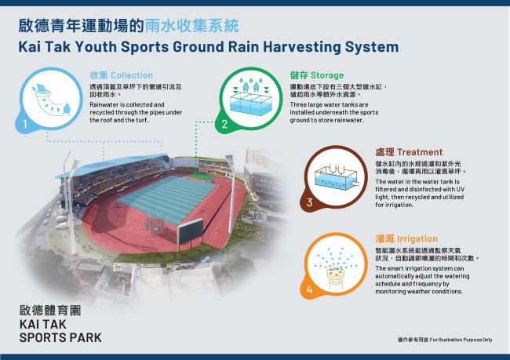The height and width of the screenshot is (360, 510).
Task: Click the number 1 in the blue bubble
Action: (25, 124)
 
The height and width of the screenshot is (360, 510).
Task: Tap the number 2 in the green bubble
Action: (224, 124)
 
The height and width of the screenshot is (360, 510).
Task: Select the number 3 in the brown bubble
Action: (309, 202)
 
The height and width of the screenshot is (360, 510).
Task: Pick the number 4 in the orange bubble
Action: (309, 289)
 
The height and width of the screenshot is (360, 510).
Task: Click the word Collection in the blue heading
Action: (132, 75)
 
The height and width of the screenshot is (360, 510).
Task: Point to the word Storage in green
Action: (327, 75)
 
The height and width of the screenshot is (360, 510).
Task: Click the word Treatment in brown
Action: (420, 152)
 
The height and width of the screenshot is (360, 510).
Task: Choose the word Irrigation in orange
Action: (417, 238)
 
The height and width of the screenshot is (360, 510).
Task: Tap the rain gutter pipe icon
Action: (51, 100)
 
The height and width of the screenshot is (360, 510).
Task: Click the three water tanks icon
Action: (250, 96)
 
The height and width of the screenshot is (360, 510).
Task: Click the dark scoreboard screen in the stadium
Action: (190, 231)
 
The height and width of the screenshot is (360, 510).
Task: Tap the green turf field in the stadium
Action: (166, 198)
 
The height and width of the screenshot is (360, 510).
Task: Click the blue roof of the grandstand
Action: (112, 165)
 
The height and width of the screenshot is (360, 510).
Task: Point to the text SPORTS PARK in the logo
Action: (60, 337)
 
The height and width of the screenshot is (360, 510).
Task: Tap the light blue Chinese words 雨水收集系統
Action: (191, 26)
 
